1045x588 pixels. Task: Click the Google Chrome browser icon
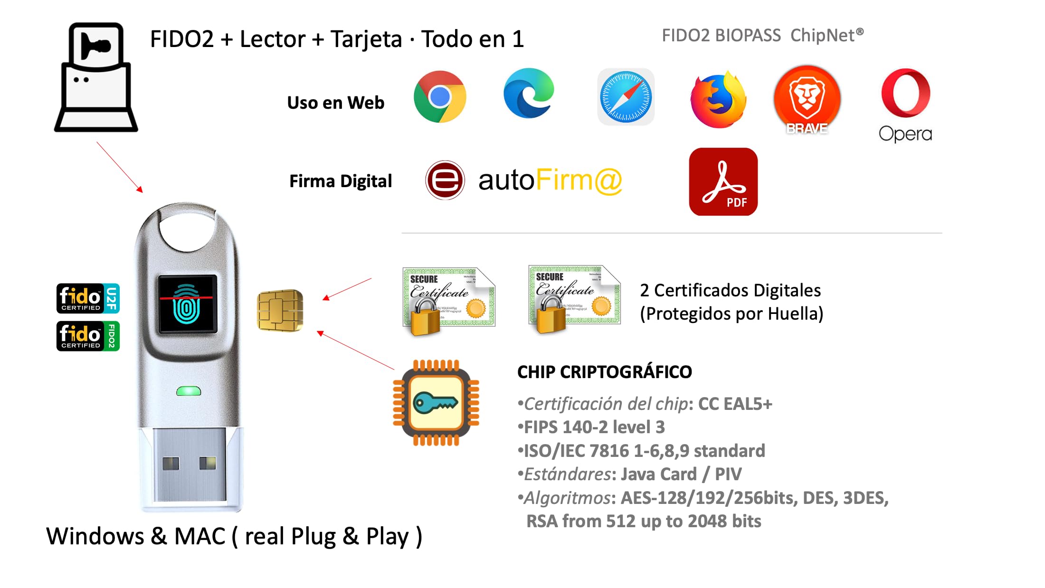point(440,97)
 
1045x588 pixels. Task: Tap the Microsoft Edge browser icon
point(529,94)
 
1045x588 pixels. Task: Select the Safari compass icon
point(626,97)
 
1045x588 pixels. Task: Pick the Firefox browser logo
point(718,100)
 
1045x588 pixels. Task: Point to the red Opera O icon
point(905,93)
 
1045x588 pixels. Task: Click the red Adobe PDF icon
point(723,181)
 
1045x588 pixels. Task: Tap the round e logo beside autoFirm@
point(445,180)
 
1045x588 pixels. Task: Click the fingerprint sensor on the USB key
point(188,304)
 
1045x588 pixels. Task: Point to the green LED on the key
point(189,391)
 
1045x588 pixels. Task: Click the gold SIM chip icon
point(280,310)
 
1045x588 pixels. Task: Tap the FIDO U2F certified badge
point(88,298)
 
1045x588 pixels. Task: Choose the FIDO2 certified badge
point(88,336)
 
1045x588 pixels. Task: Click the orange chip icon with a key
point(436,403)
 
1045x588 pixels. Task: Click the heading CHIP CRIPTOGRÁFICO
point(604,372)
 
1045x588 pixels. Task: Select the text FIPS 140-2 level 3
point(594,427)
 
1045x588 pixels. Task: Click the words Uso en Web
point(335,103)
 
